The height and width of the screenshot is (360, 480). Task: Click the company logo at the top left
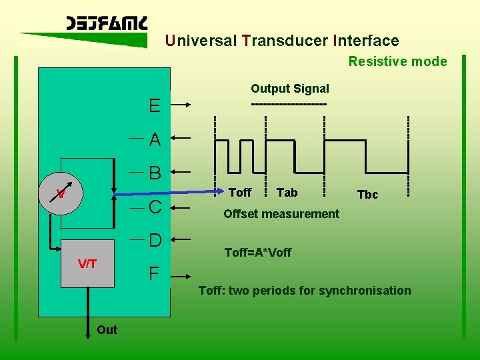[106, 24]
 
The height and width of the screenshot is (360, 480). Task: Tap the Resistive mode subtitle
[397, 61]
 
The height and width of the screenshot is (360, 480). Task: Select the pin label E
[155, 106]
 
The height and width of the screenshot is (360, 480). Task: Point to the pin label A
[155, 140]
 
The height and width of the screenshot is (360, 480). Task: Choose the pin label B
[155, 173]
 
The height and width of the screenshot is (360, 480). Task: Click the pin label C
[155, 207]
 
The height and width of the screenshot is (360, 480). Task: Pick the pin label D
[155, 240]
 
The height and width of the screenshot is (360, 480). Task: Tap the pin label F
[154, 273]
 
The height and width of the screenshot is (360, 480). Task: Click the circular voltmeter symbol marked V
[61, 194]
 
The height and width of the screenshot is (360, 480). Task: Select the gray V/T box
[87, 263]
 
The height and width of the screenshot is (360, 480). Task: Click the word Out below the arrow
[107, 330]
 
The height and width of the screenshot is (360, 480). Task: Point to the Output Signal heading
[289, 89]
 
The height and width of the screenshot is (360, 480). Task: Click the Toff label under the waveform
[240, 193]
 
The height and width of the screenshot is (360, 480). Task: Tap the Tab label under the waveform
[287, 193]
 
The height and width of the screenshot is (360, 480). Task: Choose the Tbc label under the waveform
[367, 195]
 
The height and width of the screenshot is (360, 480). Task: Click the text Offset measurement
[281, 214]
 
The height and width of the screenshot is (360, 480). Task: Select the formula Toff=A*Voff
[258, 253]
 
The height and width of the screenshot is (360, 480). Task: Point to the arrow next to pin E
[197, 105]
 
